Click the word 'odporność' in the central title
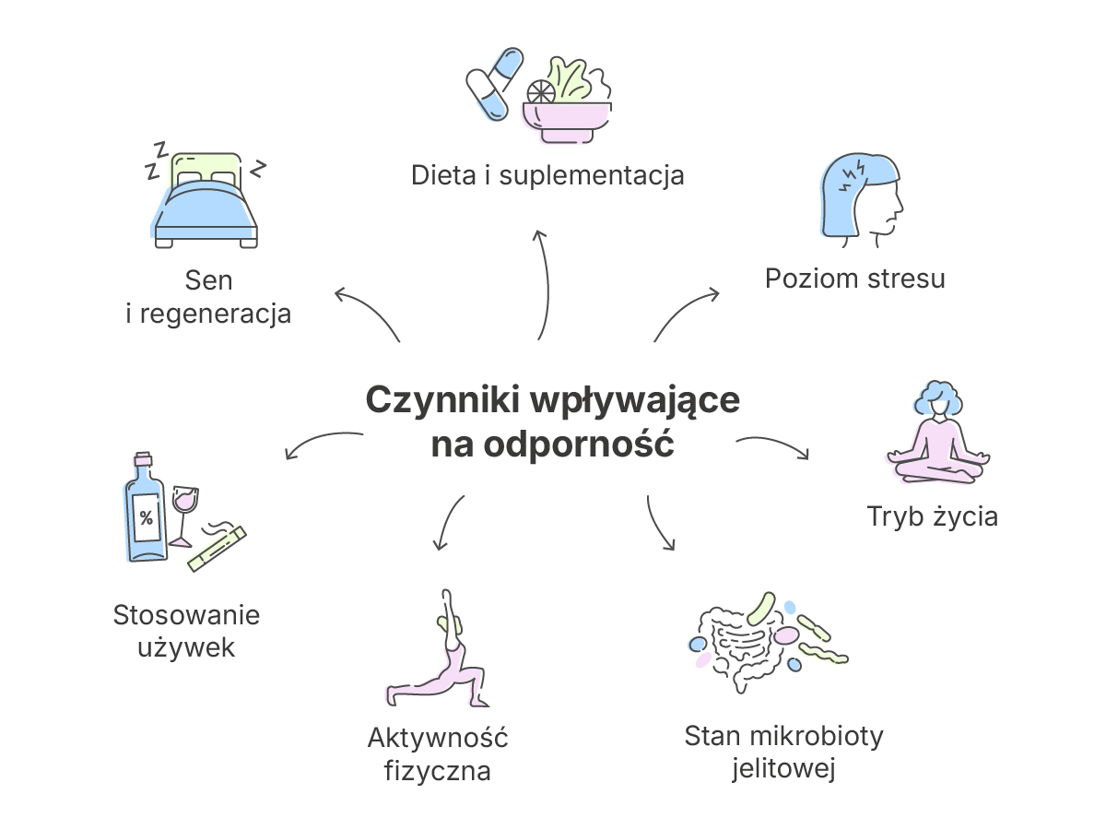(x=579, y=444)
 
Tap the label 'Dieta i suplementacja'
(x=547, y=176)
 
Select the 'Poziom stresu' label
(x=855, y=279)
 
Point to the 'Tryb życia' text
(x=932, y=516)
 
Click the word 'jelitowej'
(x=783, y=768)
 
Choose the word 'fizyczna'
(x=438, y=771)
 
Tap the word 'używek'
(x=186, y=647)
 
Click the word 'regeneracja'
(x=216, y=314)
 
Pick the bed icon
(x=206, y=200)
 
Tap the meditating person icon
(x=938, y=433)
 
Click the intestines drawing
(x=741, y=650)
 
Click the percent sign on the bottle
(x=147, y=517)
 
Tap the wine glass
(x=184, y=516)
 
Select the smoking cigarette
(x=218, y=549)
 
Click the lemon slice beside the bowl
(x=541, y=92)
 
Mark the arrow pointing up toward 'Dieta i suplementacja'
(x=546, y=284)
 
